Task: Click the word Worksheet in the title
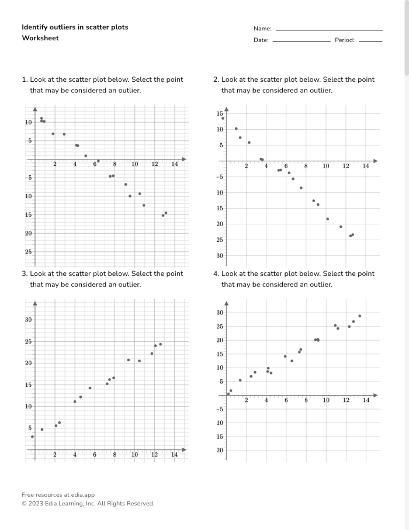40,38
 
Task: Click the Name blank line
329,30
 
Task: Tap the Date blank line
301,41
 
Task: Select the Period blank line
370,41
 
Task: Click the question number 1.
24,79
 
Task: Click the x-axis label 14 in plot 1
174,165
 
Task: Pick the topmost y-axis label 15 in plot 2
220,113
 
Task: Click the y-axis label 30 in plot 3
28,320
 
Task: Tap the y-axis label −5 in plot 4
219,409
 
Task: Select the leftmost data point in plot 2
223,118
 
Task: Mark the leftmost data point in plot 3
32,437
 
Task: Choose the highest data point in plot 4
359,316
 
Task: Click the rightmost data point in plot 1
166,213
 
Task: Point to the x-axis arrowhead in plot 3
185,449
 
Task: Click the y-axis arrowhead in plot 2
227,109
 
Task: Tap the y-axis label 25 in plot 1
28,252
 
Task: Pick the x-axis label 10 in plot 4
326,400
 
